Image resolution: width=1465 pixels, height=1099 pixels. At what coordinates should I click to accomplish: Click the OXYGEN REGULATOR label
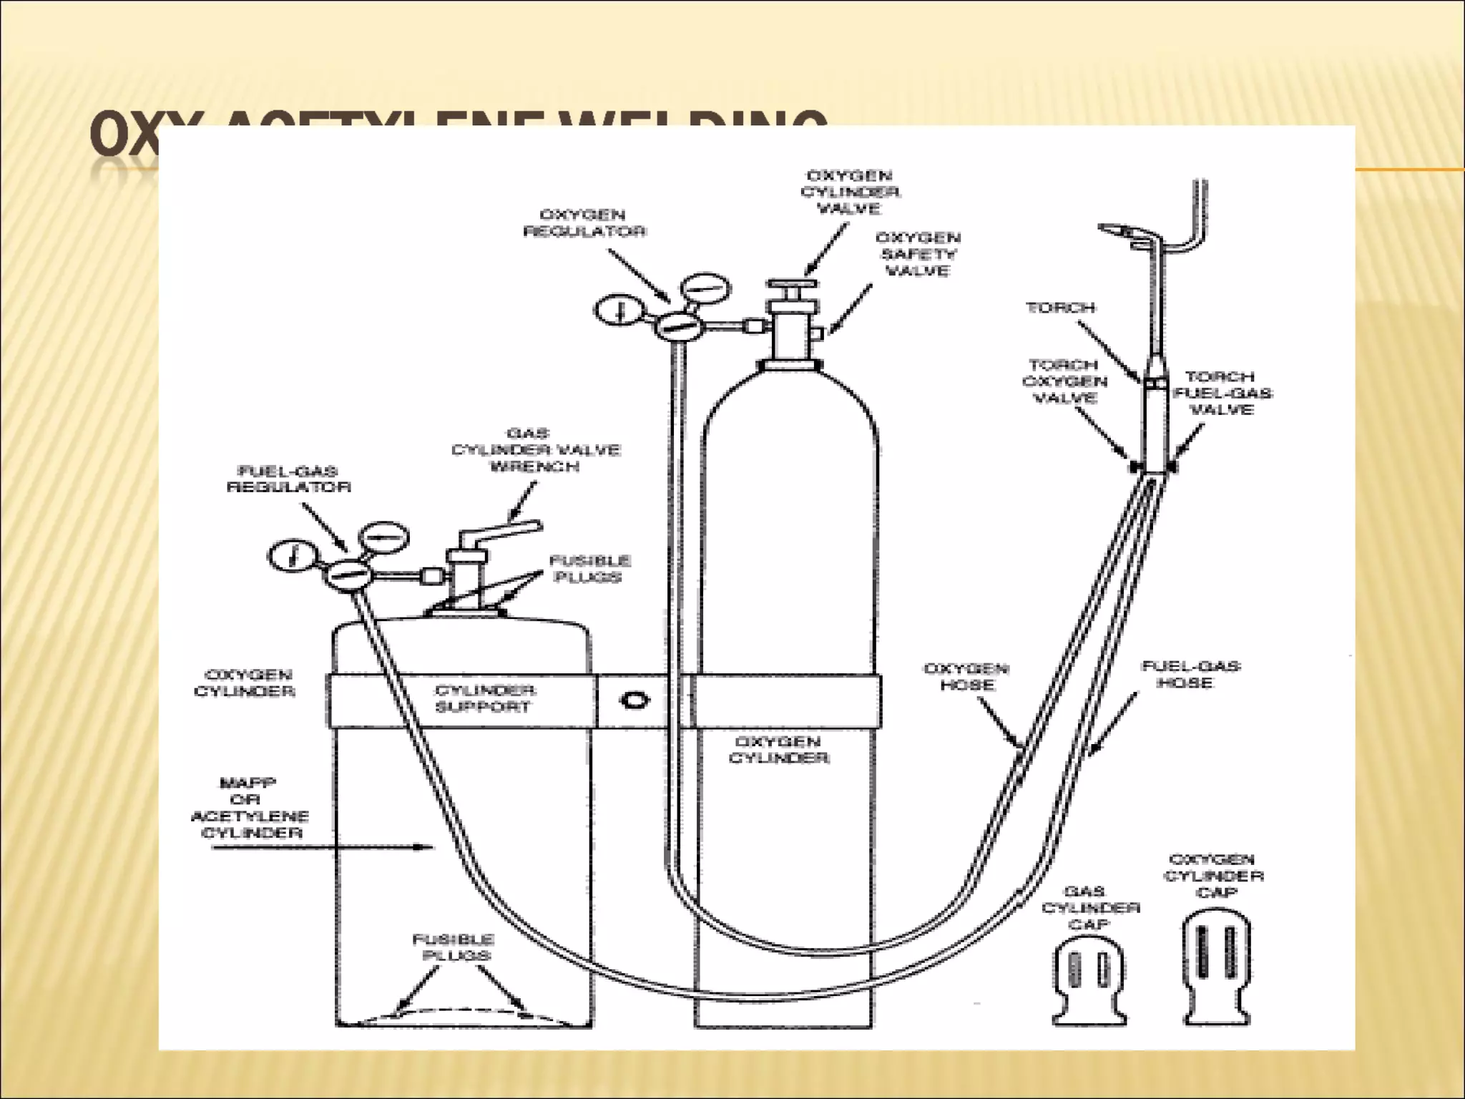tap(584, 223)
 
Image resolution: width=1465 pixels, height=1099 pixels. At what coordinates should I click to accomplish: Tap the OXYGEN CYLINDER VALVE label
tap(850, 192)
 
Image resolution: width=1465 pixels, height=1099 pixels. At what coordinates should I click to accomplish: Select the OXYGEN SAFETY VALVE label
tap(917, 254)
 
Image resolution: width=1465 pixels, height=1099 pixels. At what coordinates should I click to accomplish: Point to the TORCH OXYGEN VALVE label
tap(1065, 381)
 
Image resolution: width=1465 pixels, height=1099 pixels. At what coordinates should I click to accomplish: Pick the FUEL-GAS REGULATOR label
tap(288, 479)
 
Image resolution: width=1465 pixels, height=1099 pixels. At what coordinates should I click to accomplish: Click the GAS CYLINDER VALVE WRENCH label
tap(535, 450)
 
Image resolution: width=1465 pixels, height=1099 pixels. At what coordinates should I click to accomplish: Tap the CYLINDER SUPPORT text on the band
tap(484, 699)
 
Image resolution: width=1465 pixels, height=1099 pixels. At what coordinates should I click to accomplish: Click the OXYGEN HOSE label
tap(966, 677)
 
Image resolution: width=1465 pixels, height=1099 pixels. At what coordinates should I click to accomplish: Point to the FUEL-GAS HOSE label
tap(1190, 675)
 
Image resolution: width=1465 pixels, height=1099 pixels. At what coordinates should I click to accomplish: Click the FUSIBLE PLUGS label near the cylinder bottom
tap(453, 947)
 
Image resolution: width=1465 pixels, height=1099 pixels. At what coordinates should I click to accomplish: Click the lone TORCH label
tap(1060, 308)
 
